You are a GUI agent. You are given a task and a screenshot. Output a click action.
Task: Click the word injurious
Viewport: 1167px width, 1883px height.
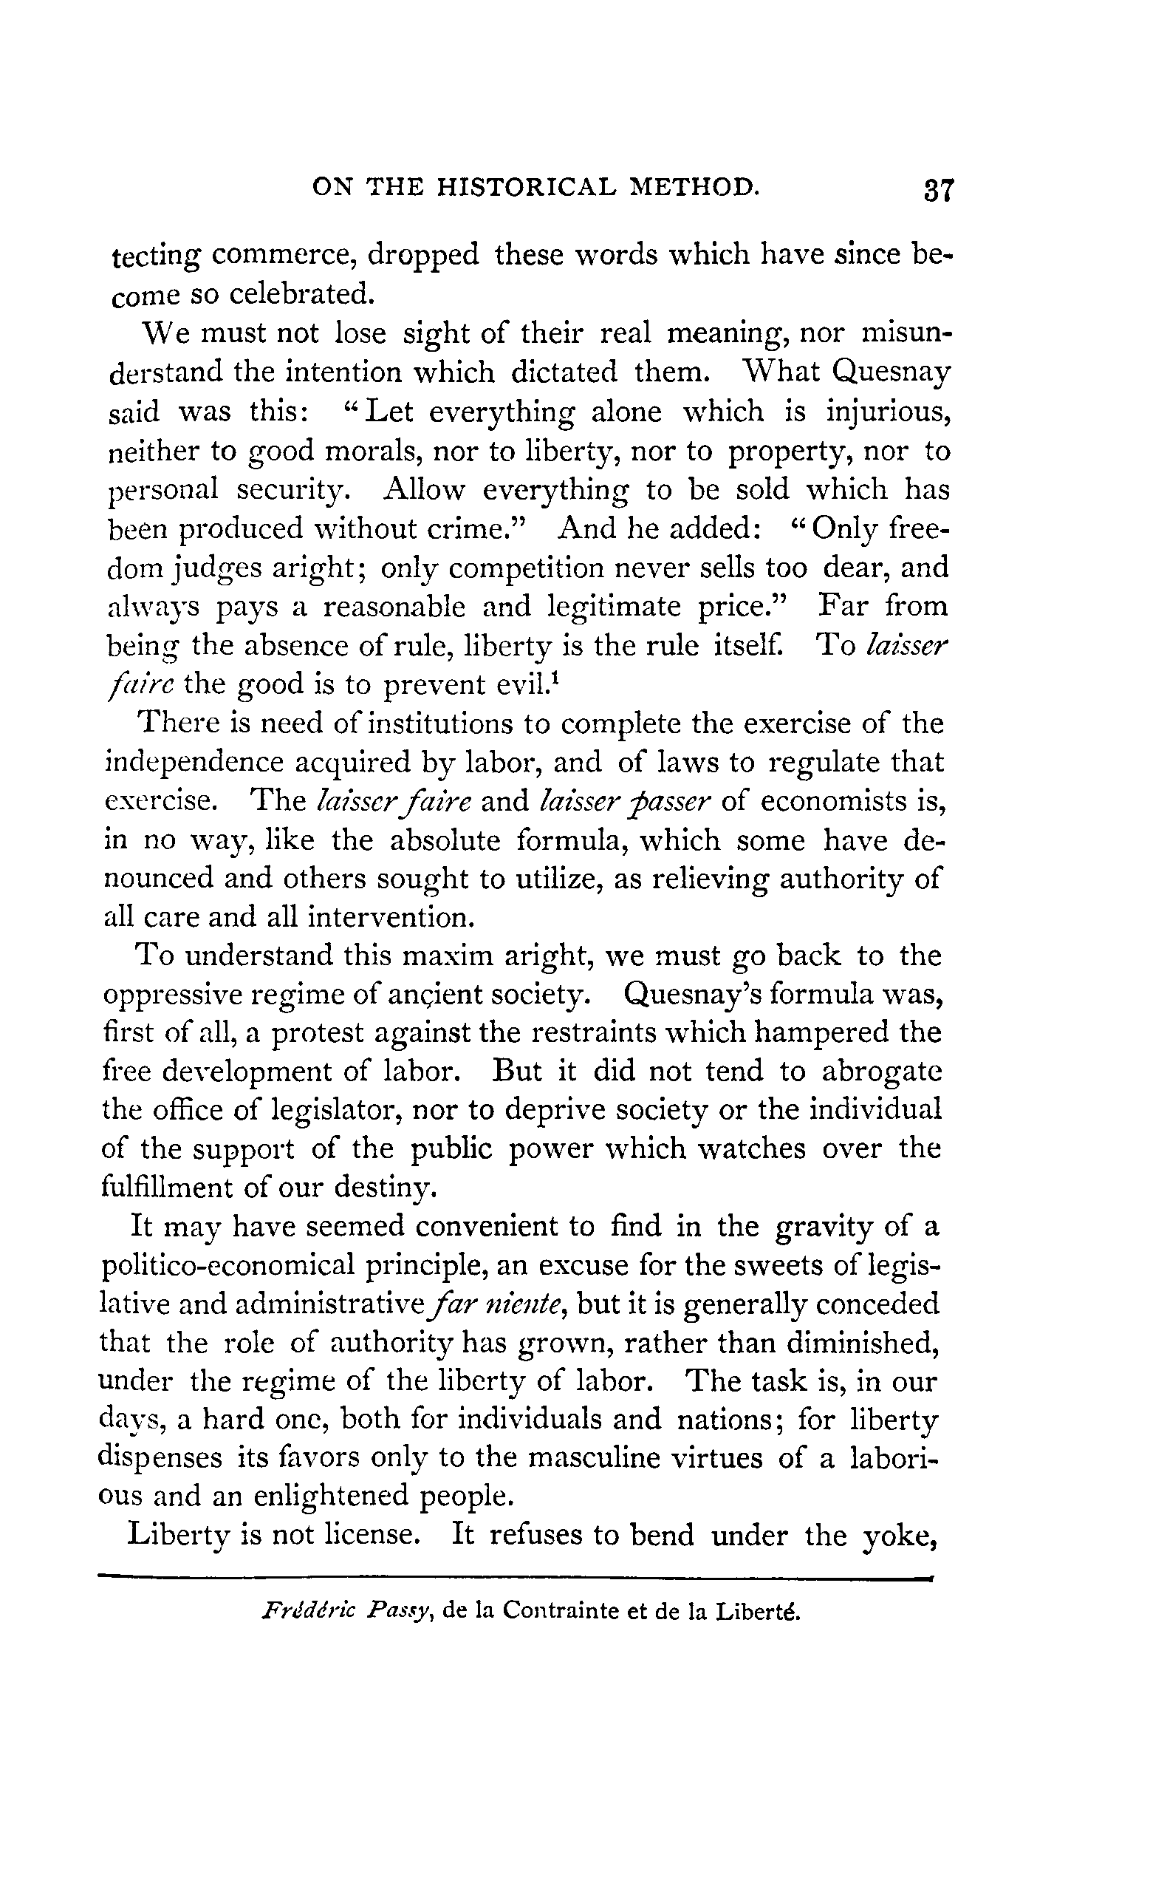tap(888, 412)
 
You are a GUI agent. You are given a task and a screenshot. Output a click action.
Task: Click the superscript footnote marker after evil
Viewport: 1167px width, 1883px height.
tap(555, 677)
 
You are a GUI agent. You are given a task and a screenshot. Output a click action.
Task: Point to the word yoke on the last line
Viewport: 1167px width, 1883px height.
tap(898, 1536)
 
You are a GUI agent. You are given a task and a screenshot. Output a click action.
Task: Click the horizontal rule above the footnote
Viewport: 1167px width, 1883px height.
tap(516, 1578)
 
